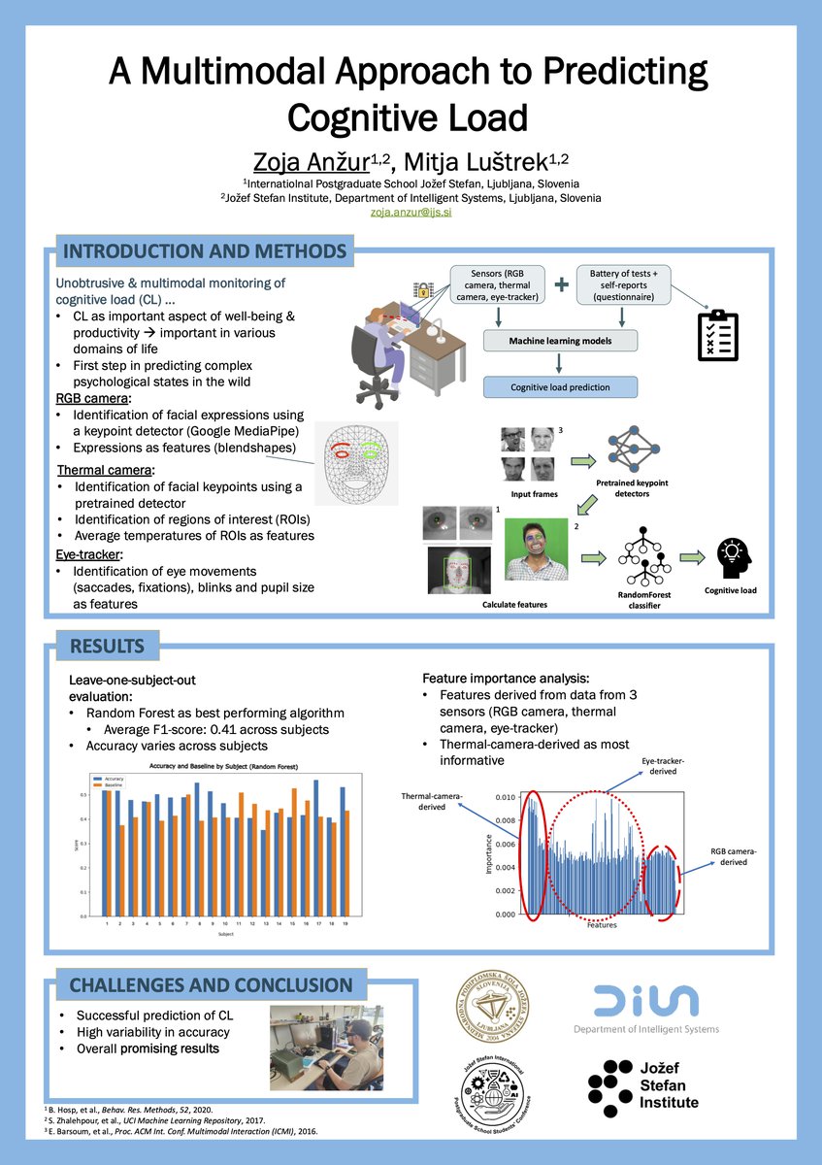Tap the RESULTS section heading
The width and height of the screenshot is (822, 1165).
point(107,646)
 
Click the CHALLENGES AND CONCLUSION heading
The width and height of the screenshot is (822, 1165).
point(211,985)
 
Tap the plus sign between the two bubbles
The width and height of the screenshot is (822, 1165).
point(561,284)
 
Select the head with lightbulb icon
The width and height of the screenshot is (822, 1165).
point(734,554)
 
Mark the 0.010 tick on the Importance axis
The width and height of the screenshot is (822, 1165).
point(504,797)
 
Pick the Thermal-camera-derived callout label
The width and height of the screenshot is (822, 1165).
point(431,801)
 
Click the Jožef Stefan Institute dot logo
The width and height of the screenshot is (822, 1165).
point(613,1083)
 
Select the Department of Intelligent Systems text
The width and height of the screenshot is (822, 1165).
point(645,1029)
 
